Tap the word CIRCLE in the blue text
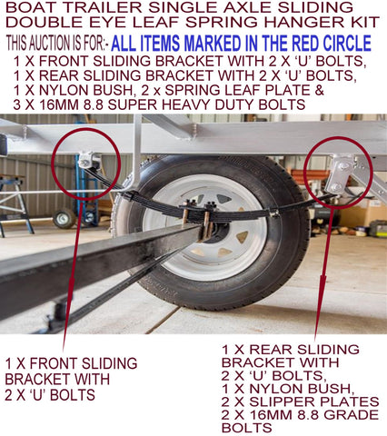(x=347, y=44)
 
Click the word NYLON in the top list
(x=62, y=90)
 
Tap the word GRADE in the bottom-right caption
(x=352, y=415)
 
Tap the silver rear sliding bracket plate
(x=340, y=173)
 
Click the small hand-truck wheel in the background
(x=64, y=219)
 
